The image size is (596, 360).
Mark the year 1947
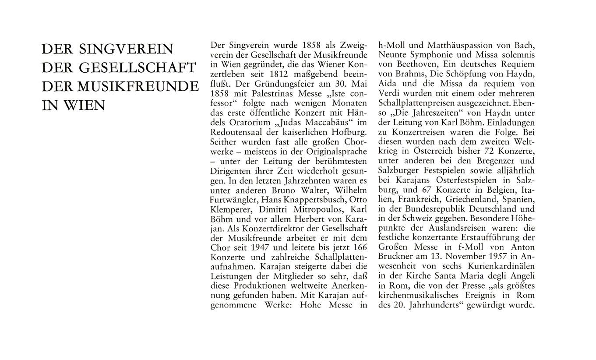pos(258,248)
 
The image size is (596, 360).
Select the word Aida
pos(387,84)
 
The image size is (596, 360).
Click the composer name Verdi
pos(389,93)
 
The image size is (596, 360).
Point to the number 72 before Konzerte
pos(486,151)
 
